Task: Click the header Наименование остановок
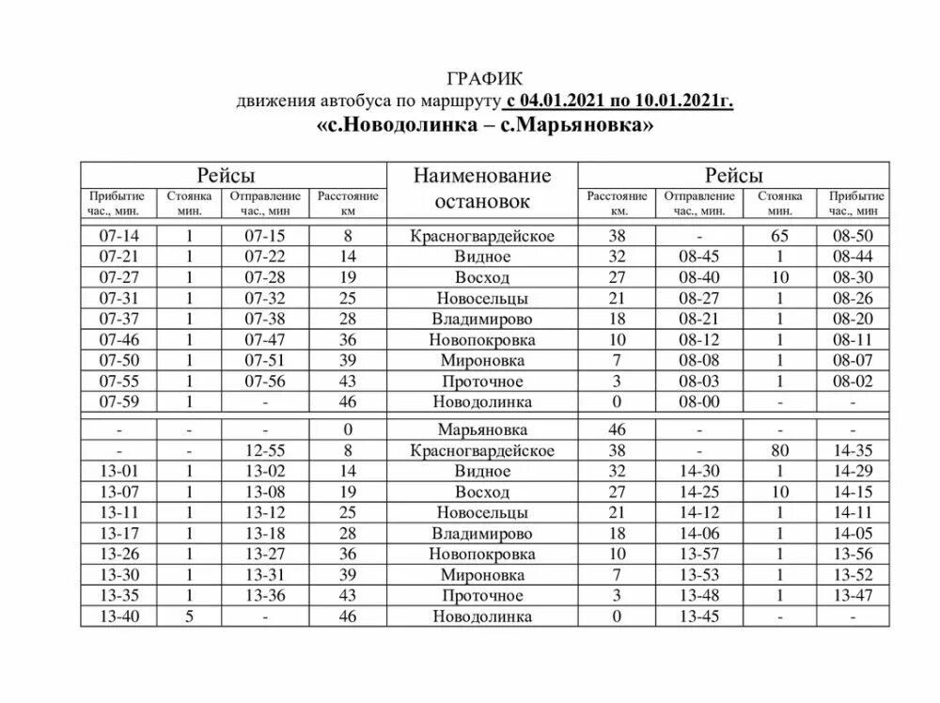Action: pos(481,188)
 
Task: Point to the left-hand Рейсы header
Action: pos(226,175)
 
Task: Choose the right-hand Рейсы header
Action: pos(734,175)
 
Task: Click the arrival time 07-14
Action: pos(117,236)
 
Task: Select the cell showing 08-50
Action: pos(853,236)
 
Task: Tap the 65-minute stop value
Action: pos(780,236)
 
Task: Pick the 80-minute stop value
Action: pos(780,450)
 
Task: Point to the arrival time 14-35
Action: pos(853,450)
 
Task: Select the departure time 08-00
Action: pos(697,401)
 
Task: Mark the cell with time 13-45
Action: pos(697,617)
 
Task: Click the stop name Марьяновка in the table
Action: pos(481,430)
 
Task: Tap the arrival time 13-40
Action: pos(117,617)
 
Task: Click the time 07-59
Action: pos(117,401)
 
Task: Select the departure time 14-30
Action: pos(697,471)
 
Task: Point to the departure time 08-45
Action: pos(697,257)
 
